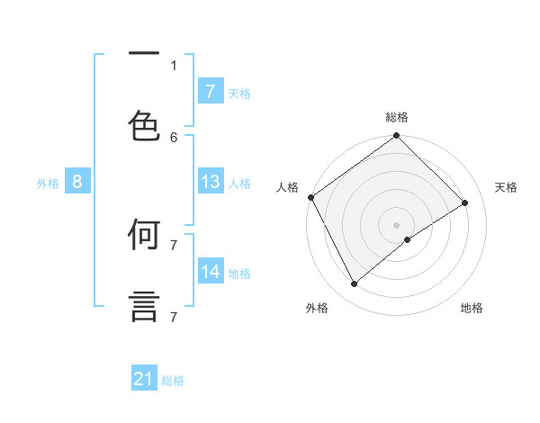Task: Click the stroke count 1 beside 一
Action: (x=174, y=65)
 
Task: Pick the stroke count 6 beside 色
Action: (x=174, y=137)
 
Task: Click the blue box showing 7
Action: (x=211, y=91)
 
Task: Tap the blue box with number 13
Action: (x=211, y=182)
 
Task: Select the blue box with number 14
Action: (x=211, y=271)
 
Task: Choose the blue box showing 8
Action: (x=77, y=182)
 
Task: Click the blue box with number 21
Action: (x=144, y=379)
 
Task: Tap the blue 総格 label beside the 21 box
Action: (x=173, y=381)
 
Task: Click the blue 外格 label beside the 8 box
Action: (x=48, y=184)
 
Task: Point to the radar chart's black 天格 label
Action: (x=506, y=187)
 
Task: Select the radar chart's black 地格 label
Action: (x=472, y=308)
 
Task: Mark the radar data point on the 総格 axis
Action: (x=396, y=137)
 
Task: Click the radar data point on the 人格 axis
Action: (x=310, y=197)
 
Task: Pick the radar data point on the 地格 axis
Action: (x=408, y=239)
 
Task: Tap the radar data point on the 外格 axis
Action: (x=355, y=284)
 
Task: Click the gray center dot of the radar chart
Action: (x=396, y=224)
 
